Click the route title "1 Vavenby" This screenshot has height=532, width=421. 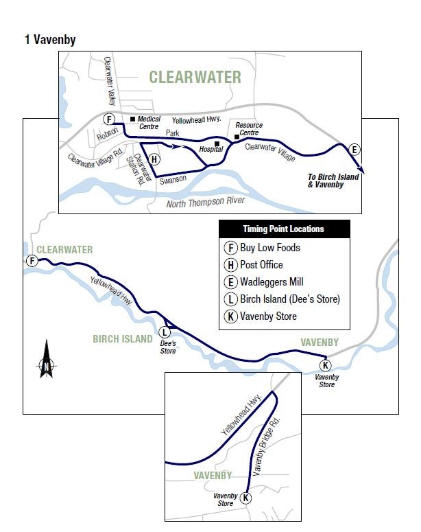coord(49,40)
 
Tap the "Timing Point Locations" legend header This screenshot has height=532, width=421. coord(283,229)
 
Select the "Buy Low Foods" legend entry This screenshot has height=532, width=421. coord(269,248)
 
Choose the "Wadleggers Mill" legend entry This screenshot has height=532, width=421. coord(271,282)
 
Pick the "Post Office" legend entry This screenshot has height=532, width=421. coord(261,265)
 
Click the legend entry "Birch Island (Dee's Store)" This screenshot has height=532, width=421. coord(289,299)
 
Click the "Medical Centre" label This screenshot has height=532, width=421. coord(149,122)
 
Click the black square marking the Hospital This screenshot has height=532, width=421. coord(217,144)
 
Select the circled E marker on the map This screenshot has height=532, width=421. coord(354,150)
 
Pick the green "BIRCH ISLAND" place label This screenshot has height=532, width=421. coord(122,339)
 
